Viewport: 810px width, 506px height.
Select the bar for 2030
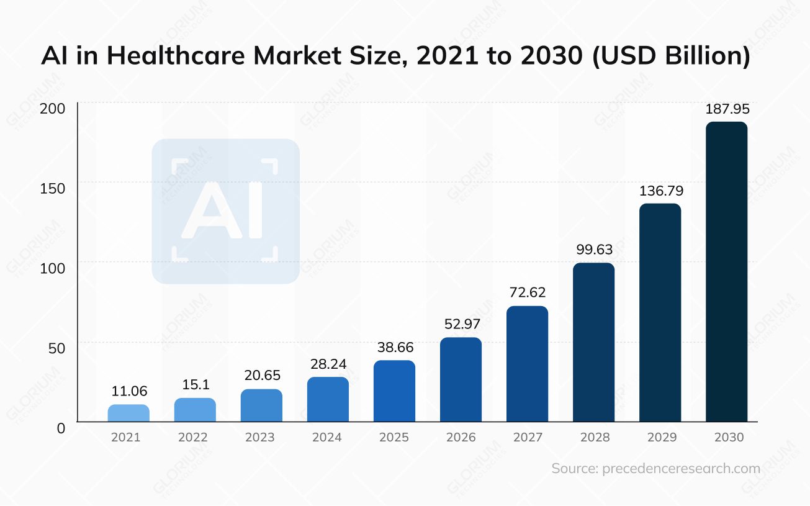(726, 271)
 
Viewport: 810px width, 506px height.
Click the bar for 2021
(128, 413)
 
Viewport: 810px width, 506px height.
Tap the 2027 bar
(527, 364)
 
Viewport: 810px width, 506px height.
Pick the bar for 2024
(328, 399)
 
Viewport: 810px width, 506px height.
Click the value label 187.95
(727, 109)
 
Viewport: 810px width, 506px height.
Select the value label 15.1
(195, 385)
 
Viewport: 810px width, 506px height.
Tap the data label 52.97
(461, 323)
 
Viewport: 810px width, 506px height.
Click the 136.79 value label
(660, 190)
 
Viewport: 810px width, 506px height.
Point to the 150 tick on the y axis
(53, 188)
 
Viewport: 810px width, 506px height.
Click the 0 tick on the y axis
(61, 428)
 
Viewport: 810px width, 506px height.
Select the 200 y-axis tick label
(53, 109)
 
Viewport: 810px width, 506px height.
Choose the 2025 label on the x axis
(394, 437)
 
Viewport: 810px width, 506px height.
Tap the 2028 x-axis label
(595, 437)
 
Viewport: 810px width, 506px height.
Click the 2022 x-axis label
(192, 437)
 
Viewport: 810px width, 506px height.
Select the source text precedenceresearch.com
(681, 469)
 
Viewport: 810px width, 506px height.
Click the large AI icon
(225, 211)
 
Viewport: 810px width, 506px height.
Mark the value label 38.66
(394, 347)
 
